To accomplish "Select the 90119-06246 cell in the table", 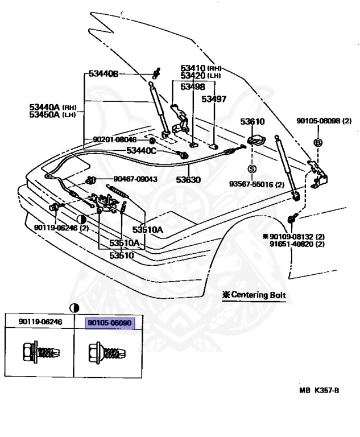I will click(40, 323).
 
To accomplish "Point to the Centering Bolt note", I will click(254, 296).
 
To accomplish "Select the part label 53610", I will click(252, 122).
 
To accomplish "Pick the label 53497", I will click(214, 99).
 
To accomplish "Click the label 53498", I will click(193, 87).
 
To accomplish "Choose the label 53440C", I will click(140, 150).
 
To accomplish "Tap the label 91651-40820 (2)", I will click(297, 244).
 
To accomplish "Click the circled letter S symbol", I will click(252, 169).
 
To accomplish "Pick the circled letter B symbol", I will click(318, 142).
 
